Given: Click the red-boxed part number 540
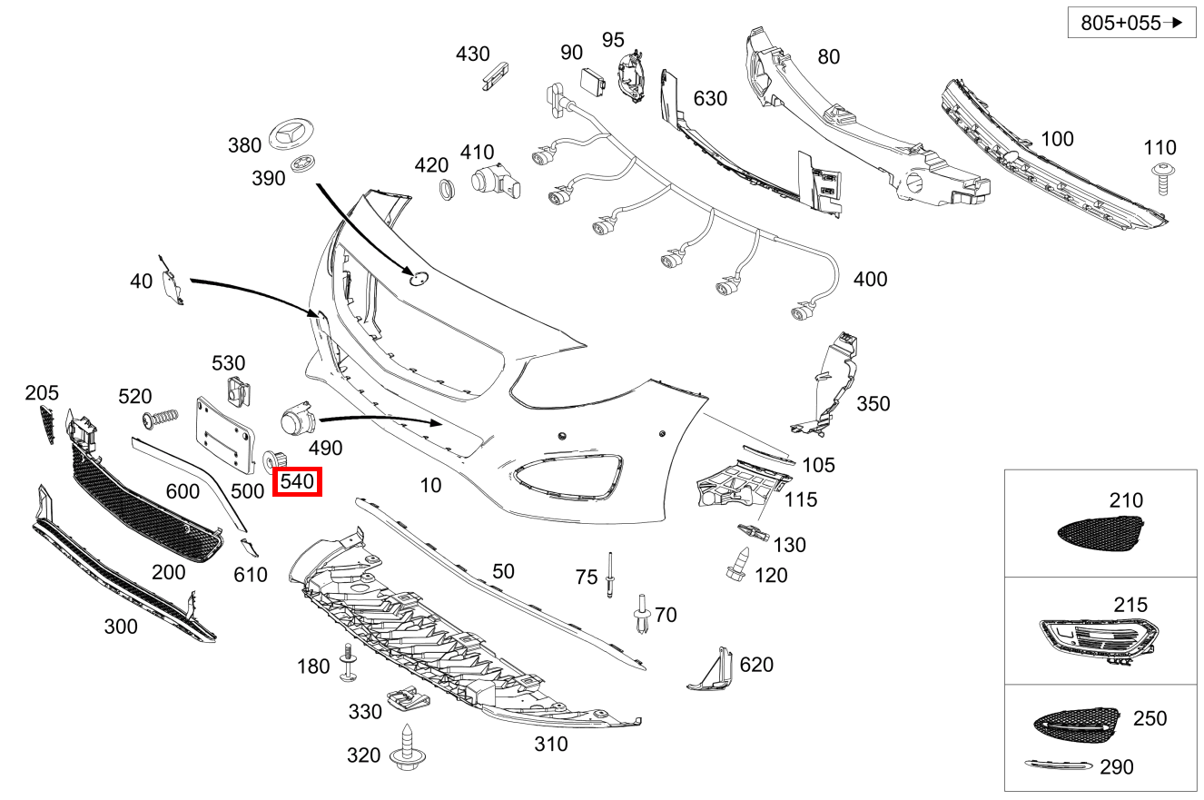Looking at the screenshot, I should pyautogui.click(x=299, y=481).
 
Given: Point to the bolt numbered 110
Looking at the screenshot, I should pyautogui.click(x=1161, y=179).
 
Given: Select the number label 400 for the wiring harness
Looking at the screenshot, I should pyautogui.click(x=870, y=279).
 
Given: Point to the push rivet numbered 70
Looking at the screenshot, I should pyautogui.click(x=643, y=615).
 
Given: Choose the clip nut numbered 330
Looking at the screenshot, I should pyautogui.click(x=407, y=701).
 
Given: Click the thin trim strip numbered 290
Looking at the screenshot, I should pyautogui.click(x=1058, y=765).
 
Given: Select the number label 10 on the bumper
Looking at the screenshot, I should pyautogui.click(x=430, y=485).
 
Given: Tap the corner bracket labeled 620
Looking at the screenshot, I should pyautogui.click(x=712, y=670).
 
